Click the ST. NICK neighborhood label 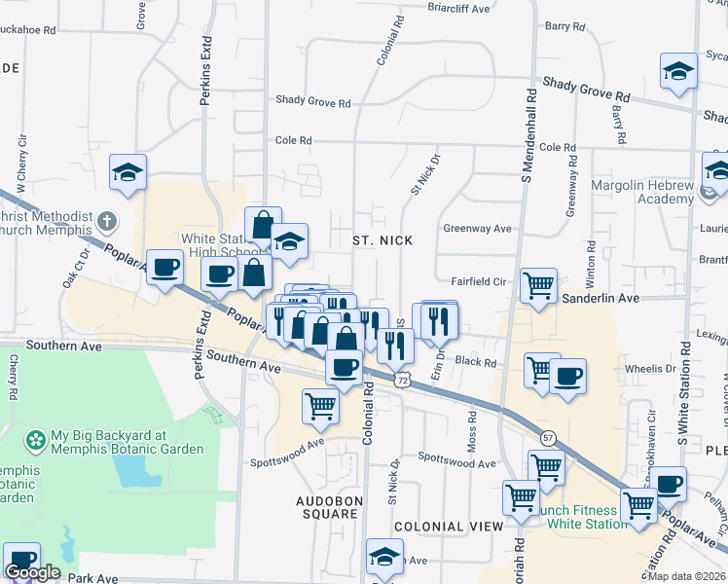[388, 240]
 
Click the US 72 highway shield [401, 380]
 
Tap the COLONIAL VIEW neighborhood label [449, 527]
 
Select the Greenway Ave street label [477, 229]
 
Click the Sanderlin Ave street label [601, 298]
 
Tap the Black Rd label [476, 361]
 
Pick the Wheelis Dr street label [650, 369]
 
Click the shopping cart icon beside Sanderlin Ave [538, 285]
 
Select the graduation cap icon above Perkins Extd [127, 172]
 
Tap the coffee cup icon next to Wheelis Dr [567, 376]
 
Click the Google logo [31, 573]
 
